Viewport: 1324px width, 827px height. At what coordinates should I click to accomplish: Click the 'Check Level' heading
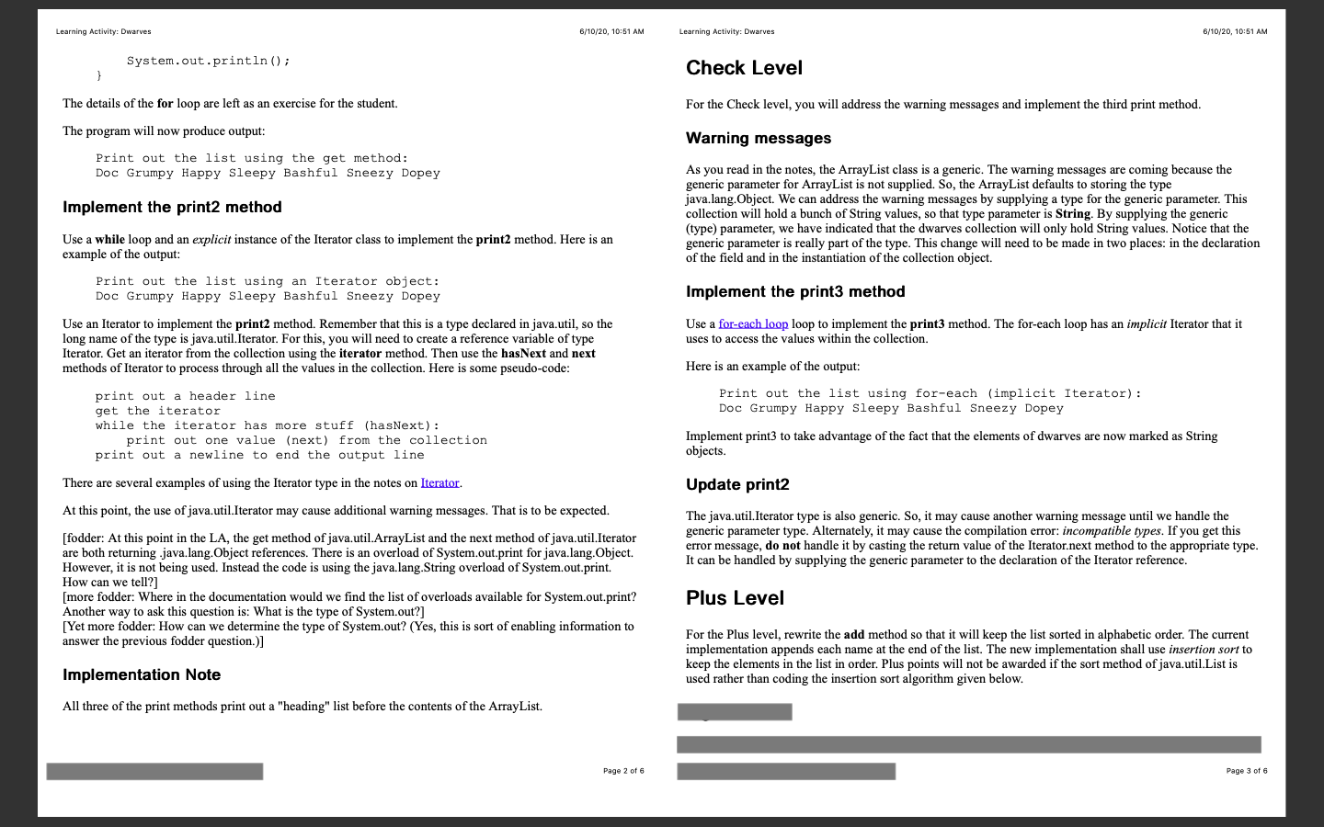tap(744, 68)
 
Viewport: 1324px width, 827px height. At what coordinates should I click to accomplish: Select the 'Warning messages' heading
tap(759, 139)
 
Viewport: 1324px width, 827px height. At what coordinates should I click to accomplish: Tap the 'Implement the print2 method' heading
tap(172, 208)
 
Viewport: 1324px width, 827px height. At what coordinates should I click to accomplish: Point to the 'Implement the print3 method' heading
tap(795, 292)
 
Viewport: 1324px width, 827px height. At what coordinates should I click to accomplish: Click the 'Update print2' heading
tap(737, 485)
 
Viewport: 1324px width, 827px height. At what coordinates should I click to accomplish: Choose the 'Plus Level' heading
tap(735, 598)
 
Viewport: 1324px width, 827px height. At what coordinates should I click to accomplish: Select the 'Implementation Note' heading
tap(142, 675)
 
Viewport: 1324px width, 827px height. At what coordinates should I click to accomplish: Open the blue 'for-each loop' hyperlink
tap(753, 324)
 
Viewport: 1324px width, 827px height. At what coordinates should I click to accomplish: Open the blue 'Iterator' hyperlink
tap(439, 483)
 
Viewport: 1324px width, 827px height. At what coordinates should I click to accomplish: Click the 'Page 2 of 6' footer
tap(623, 771)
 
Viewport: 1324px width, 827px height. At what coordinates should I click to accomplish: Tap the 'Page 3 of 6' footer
tap(1247, 771)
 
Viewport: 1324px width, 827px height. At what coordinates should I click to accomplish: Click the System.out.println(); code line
tap(208, 62)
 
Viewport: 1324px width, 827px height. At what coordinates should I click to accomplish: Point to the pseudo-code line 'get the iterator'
tap(158, 412)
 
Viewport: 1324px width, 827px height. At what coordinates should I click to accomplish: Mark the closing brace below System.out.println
tap(99, 76)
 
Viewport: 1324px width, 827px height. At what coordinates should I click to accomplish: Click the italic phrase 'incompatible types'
tap(1111, 531)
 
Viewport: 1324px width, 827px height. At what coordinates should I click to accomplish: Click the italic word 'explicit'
tap(211, 240)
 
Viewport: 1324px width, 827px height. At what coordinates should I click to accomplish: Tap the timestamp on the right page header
tap(1235, 32)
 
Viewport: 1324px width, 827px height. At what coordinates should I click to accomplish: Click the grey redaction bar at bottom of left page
tap(154, 772)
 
